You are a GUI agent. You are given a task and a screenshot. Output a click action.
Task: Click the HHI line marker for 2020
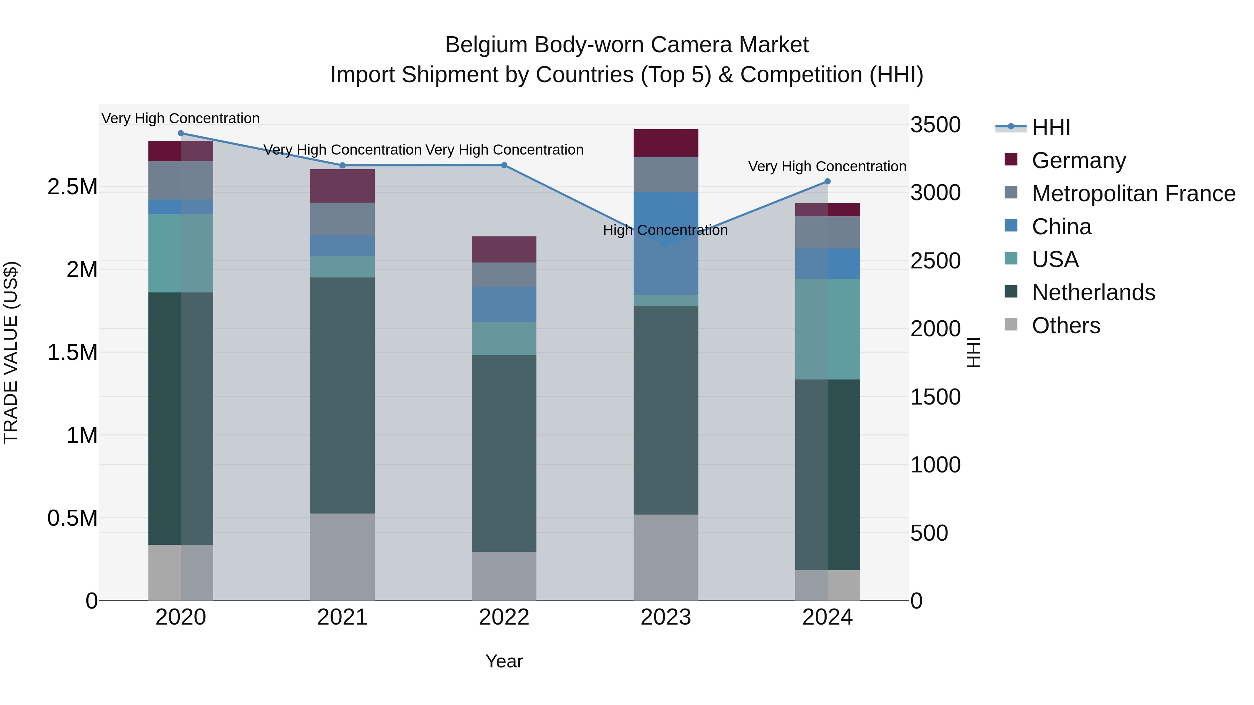point(180,133)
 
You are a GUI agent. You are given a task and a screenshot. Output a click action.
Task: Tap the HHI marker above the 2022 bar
point(504,165)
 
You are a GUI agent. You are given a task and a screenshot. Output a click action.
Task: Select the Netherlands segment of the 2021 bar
point(342,395)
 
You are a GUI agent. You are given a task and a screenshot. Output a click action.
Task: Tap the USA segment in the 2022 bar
point(504,339)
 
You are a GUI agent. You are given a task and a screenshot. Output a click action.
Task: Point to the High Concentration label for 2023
point(665,230)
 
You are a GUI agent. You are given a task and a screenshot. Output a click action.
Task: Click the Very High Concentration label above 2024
point(827,166)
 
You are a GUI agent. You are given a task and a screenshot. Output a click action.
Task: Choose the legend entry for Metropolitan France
point(1133,194)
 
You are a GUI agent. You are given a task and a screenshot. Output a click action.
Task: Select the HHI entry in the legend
point(1051,127)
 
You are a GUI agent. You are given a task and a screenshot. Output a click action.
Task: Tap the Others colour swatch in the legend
point(1011,324)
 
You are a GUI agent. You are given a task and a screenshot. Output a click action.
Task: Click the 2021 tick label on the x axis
point(342,617)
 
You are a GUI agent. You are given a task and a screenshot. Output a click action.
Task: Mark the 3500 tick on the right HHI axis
point(935,125)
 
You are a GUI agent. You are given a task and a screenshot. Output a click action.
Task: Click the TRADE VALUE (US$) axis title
point(11,352)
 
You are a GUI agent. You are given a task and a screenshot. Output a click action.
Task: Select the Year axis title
point(504,661)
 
